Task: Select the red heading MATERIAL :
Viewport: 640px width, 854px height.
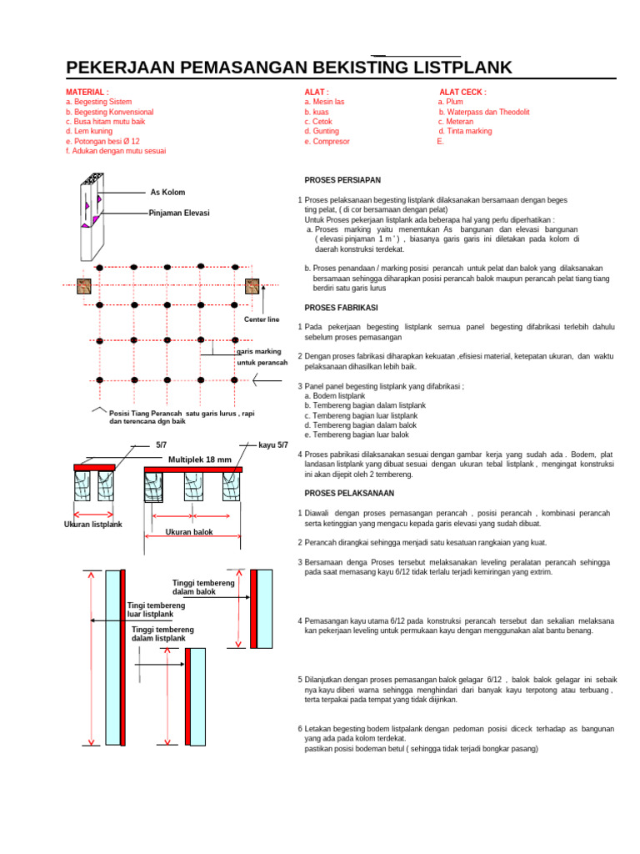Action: pos(87,92)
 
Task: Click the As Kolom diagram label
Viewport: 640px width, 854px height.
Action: pos(167,192)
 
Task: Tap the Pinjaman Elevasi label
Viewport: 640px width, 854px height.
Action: pos(179,213)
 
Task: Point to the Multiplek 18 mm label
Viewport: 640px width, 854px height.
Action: pos(200,460)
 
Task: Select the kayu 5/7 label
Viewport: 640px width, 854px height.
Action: pos(273,445)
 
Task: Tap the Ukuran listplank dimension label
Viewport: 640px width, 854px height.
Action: pos(93,525)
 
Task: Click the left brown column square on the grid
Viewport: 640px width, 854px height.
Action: pos(83,286)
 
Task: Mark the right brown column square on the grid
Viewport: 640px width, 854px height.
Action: pos(252,286)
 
